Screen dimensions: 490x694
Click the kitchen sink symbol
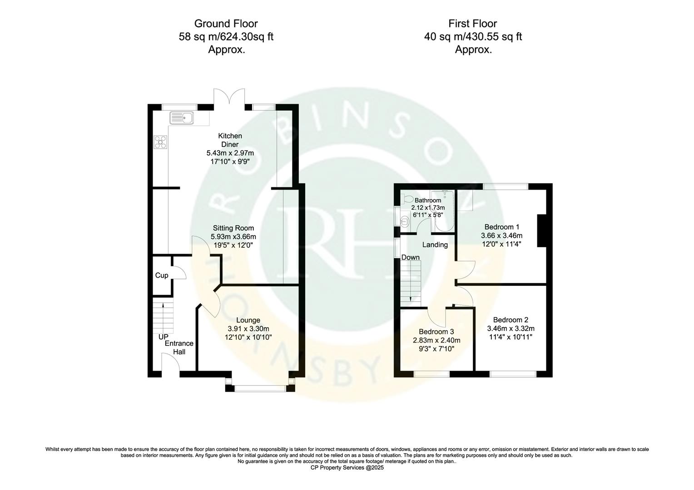click(182, 118)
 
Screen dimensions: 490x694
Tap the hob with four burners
click(160, 142)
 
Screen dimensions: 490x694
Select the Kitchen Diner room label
click(230, 140)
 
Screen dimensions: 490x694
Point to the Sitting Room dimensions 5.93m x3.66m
click(233, 237)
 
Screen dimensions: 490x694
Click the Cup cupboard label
click(162, 275)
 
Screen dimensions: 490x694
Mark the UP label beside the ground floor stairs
click(163, 337)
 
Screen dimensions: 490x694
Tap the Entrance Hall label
click(179, 348)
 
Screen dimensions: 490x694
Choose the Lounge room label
click(248, 320)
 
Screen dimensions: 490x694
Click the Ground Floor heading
click(226, 24)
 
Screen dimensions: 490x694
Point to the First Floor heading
click(473, 24)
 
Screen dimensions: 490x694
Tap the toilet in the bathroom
click(407, 199)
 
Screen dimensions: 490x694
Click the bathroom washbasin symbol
click(404, 221)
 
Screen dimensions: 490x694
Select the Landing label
click(435, 245)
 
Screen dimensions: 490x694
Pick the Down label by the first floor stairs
click(411, 257)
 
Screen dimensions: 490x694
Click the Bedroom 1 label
click(501, 227)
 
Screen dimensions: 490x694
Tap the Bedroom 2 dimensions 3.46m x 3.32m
click(511, 328)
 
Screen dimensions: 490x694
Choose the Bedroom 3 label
click(436, 332)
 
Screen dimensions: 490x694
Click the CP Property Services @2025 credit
click(347, 467)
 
